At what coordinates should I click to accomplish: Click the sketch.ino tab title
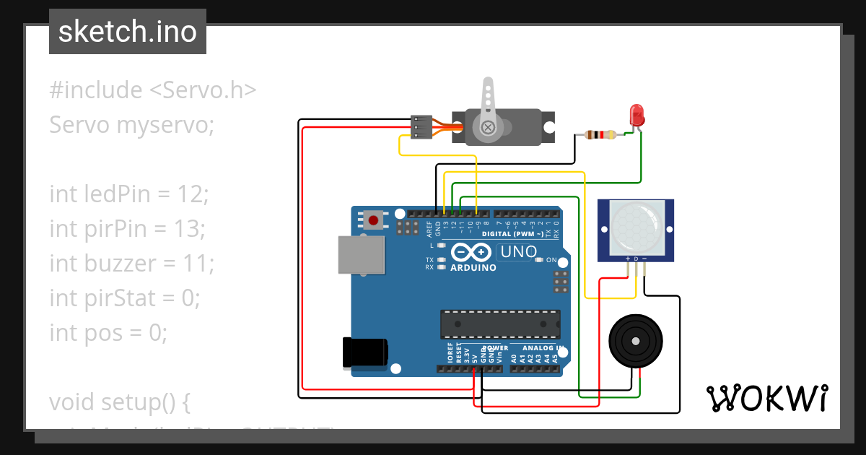click(128, 32)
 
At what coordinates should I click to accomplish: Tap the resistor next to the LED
click(600, 134)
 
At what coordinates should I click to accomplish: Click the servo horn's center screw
click(489, 128)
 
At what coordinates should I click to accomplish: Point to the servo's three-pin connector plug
click(421, 126)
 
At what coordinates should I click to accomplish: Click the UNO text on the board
click(519, 252)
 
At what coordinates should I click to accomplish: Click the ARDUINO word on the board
click(473, 268)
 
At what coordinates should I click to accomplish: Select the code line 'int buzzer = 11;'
click(131, 263)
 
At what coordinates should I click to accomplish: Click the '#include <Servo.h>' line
click(153, 90)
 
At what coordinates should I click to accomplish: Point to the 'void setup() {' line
click(119, 402)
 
